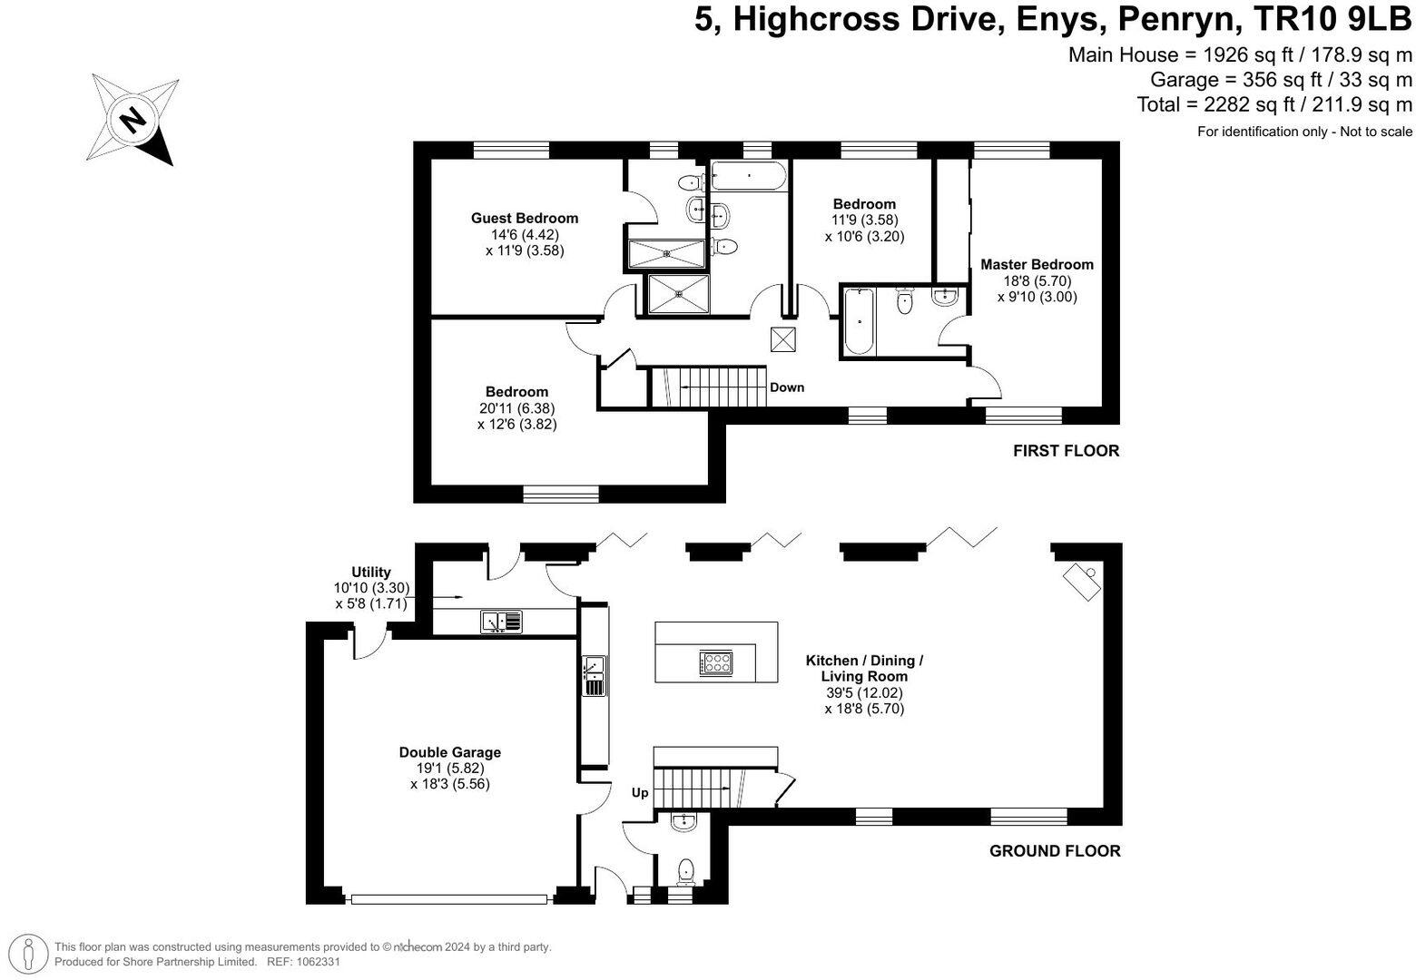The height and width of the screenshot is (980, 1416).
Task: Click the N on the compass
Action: pos(133,119)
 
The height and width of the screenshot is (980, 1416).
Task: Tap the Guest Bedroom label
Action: pos(524,218)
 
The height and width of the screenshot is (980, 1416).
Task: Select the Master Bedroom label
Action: pos(1037,264)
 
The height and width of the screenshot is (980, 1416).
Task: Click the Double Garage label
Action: pos(449,752)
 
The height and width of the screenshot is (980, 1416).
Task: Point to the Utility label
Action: pos(371,572)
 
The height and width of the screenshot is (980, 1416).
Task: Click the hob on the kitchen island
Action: pos(716,662)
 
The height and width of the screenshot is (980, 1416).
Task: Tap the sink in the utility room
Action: pos(501,622)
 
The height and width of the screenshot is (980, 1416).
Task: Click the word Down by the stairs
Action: pos(787,387)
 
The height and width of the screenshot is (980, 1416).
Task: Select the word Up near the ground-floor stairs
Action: pos(640,792)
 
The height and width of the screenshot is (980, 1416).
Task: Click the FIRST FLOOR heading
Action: pos(1066,450)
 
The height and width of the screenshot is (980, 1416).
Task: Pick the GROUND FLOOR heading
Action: pos(1055,851)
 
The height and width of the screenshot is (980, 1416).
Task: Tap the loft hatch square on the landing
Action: pos(782,339)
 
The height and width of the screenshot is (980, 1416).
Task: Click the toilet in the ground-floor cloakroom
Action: pos(685,872)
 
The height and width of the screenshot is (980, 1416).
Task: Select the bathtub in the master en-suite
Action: pos(860,321)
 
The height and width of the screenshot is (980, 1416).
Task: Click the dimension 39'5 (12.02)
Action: pos(864,692)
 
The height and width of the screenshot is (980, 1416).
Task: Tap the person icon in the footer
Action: pos(27,954)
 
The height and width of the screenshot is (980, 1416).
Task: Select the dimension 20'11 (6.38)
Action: pos(517,408)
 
